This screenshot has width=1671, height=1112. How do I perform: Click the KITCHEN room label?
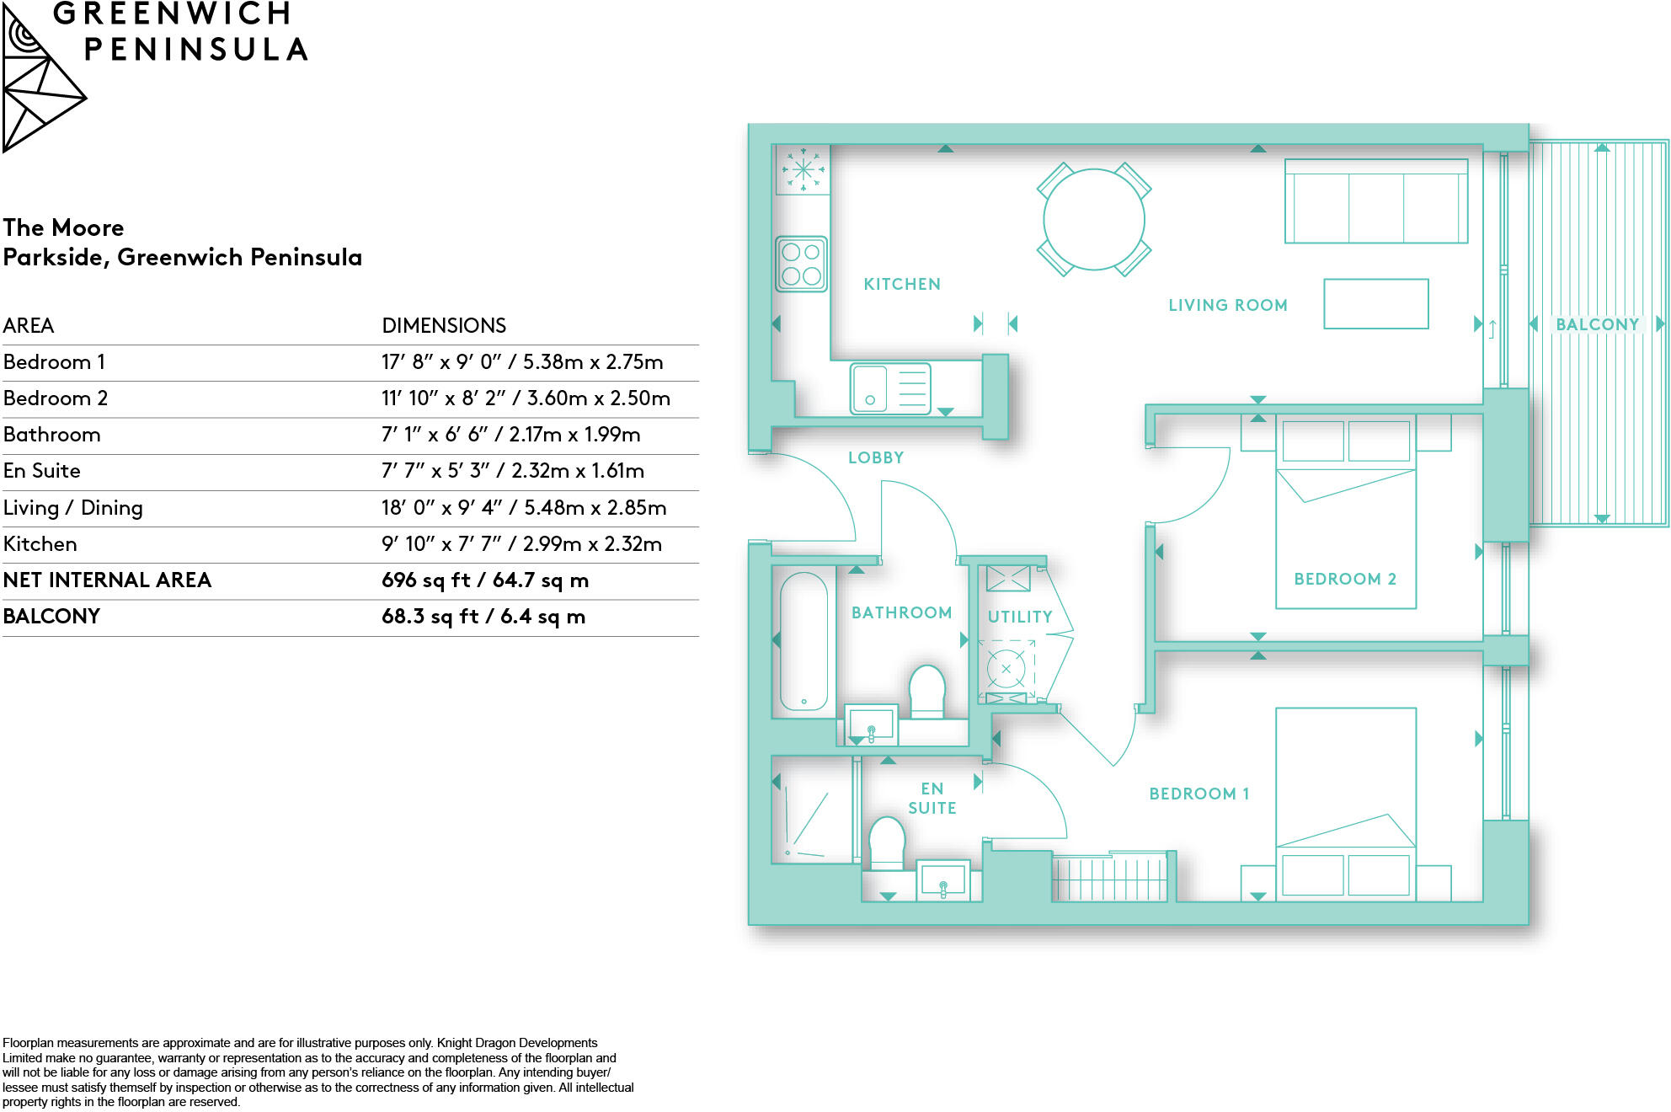902,285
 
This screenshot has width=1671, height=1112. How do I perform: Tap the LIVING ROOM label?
1227,306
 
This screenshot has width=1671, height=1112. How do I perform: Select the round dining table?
1093,220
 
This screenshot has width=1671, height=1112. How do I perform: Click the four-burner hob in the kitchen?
801,264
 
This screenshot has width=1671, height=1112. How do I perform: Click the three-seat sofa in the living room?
1375,202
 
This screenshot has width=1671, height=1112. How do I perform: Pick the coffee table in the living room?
1375,304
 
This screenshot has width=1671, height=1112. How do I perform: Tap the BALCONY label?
1597,325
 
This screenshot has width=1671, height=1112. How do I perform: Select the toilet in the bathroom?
927,690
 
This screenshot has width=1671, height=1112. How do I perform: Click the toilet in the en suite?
886,842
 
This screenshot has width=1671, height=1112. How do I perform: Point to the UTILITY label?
1020,617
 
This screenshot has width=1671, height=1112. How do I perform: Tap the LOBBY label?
876,458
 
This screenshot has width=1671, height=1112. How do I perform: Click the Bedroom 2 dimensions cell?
526,398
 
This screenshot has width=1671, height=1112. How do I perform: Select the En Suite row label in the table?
42,471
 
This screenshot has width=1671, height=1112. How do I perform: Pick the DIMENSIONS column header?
444,326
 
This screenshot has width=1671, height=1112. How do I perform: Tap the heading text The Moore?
63,228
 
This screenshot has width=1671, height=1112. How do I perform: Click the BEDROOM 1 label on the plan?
1199,794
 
